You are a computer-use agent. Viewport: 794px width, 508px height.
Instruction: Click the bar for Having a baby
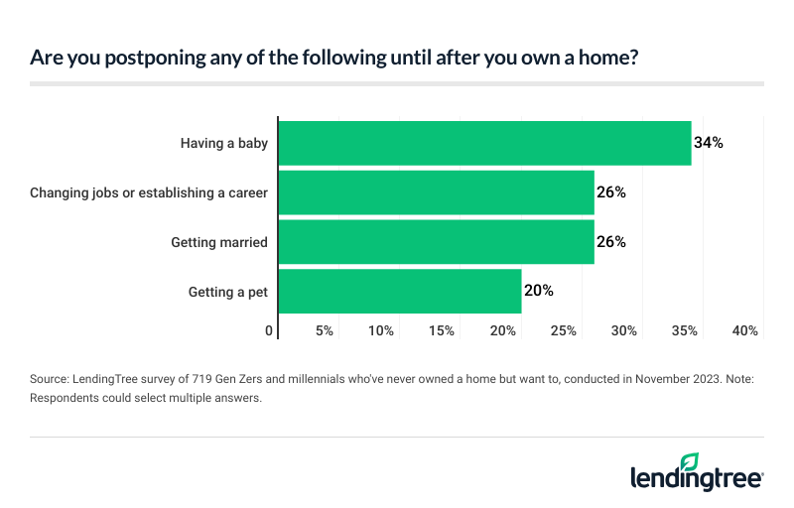tap(484, 143)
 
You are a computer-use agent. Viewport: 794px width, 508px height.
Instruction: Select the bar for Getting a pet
tap(400, 292)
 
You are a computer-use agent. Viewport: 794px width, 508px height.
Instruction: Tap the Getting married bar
tap(437, 242)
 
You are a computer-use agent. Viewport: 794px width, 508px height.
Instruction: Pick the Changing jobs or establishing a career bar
tap(437, 192)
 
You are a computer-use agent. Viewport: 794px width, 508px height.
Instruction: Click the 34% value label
tap(709, 143)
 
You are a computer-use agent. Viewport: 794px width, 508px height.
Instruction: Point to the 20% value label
tap(538, 292)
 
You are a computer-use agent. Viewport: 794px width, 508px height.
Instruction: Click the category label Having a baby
tap(224, 143)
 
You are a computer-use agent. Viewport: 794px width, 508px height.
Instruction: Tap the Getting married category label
tap(219, 242)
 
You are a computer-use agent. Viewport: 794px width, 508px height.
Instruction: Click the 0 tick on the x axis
tap(270, 330)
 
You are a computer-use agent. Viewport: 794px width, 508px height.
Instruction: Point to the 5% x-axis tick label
tap(325, 330)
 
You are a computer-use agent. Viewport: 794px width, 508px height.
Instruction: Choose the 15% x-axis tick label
tap(443, 330)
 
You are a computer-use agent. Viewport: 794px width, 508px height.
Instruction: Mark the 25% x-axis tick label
tap(564, 330)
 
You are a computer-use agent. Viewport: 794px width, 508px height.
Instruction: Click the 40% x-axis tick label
tap(745, 330)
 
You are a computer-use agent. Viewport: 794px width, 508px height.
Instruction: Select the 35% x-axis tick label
tap(685, 330)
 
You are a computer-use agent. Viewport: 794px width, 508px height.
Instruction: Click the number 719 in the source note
tap(190, 380)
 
